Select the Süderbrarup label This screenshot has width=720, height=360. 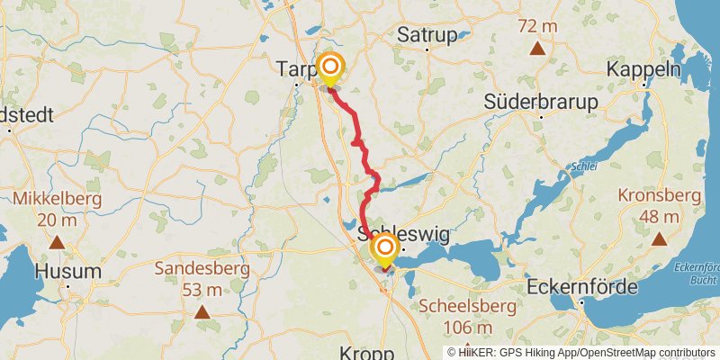(x=541, y=102)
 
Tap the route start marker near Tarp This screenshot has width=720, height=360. (x=330, y=67)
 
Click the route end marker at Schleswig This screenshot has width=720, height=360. (x=385, y=247)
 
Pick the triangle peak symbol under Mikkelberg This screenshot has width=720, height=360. (x=57, y=241)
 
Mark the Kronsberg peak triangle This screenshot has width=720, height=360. (x=660, y=238)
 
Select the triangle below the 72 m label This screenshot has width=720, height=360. (x=536, y=49)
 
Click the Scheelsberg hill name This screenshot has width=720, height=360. (x=466, y=307)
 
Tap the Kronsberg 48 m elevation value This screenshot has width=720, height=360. (x=660, y=216)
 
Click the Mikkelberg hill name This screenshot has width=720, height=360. (x=56, y=198)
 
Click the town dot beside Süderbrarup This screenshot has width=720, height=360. (x=541, y=117)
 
